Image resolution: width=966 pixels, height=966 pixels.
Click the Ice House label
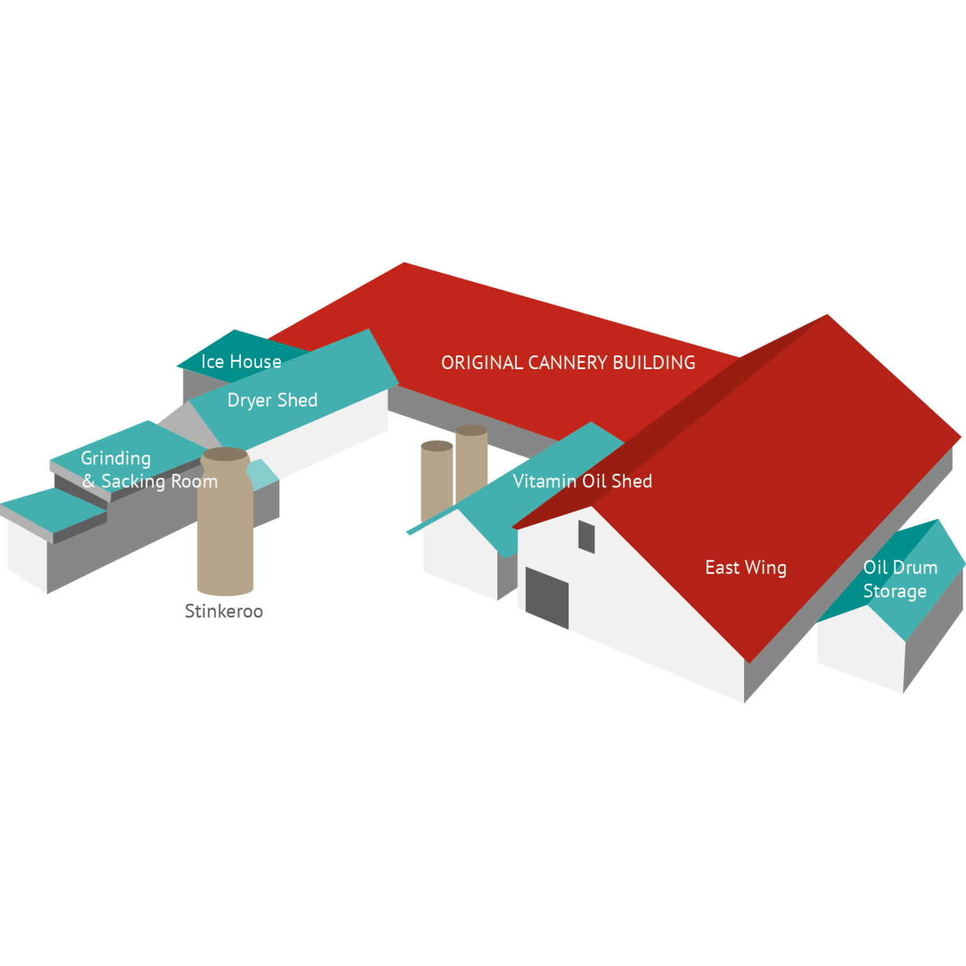pyautogui.click(x=241, y=362)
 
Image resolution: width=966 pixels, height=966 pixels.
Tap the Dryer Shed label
pyautogui.click(x=272, y=401)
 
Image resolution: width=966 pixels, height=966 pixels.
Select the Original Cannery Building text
pyautogui.click(x=568, y=363)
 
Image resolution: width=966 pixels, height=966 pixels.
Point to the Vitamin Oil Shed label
pyautogui.click(x=582, y=481)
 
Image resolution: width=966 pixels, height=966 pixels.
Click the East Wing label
pyautogui.click(x=746, y=568)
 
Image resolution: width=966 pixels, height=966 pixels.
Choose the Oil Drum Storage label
pyautogui.click(x=900, y=579)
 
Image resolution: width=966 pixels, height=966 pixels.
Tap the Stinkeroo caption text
pyautogui.click(x=224, y=611)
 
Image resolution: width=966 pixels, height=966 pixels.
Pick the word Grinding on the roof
pyautogui.click(x=116, y=458)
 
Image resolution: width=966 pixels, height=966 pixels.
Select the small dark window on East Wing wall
pyautogui.click(x=586, y=536)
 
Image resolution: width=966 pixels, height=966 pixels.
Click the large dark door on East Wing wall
pyautogui.click(x=547, y=597)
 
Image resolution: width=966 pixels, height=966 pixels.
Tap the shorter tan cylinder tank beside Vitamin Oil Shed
pyautogui.click(x=437, y=481)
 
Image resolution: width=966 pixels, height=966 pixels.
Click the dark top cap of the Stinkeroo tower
pyautogui.click(x=225, y=454)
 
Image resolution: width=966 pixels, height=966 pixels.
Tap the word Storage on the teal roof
pyautogui.click(x=894, y=592)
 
